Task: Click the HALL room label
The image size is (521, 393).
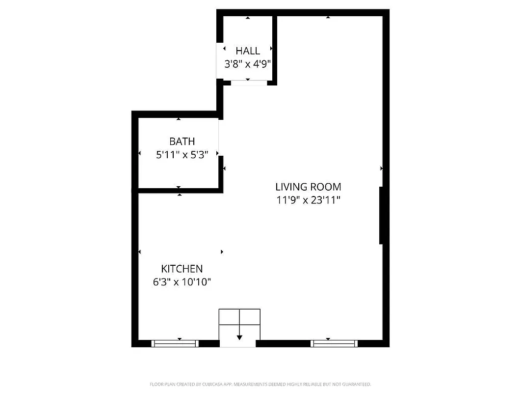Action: pos(248,51)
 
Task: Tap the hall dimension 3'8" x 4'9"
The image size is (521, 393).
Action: pos(248,64)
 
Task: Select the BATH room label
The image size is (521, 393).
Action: pos(182,141)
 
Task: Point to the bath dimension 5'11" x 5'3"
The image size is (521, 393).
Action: pos(182,155)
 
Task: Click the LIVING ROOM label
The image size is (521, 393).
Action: pos(308,187)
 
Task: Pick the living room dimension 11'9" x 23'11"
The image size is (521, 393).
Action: pos(308,200)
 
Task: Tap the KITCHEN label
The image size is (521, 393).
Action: pos(182,269)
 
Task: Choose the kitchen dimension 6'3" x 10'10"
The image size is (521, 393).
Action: pos(182,282)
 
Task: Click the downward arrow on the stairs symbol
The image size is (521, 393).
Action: pos(239,337)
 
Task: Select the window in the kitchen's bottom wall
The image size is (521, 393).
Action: pos(175,343)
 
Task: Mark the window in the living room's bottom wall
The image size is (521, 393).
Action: pos(335,343)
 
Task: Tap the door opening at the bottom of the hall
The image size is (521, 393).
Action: pos(249,83)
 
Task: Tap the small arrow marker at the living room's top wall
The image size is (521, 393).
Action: pos(328,18)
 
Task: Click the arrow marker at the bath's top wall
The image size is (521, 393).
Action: pos(179,119)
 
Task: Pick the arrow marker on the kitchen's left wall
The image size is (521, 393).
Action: pos(140,252)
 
